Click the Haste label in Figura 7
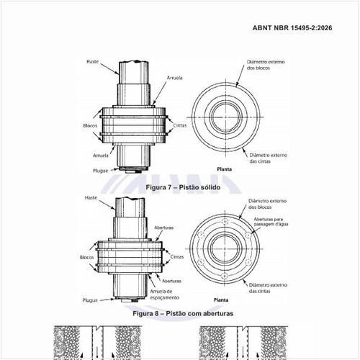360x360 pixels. [x=91, y=63]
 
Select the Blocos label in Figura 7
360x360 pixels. [x=90, y=125]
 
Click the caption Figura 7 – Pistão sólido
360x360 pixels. [x=183, y=186]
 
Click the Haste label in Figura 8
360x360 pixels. [x=91, y=197]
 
